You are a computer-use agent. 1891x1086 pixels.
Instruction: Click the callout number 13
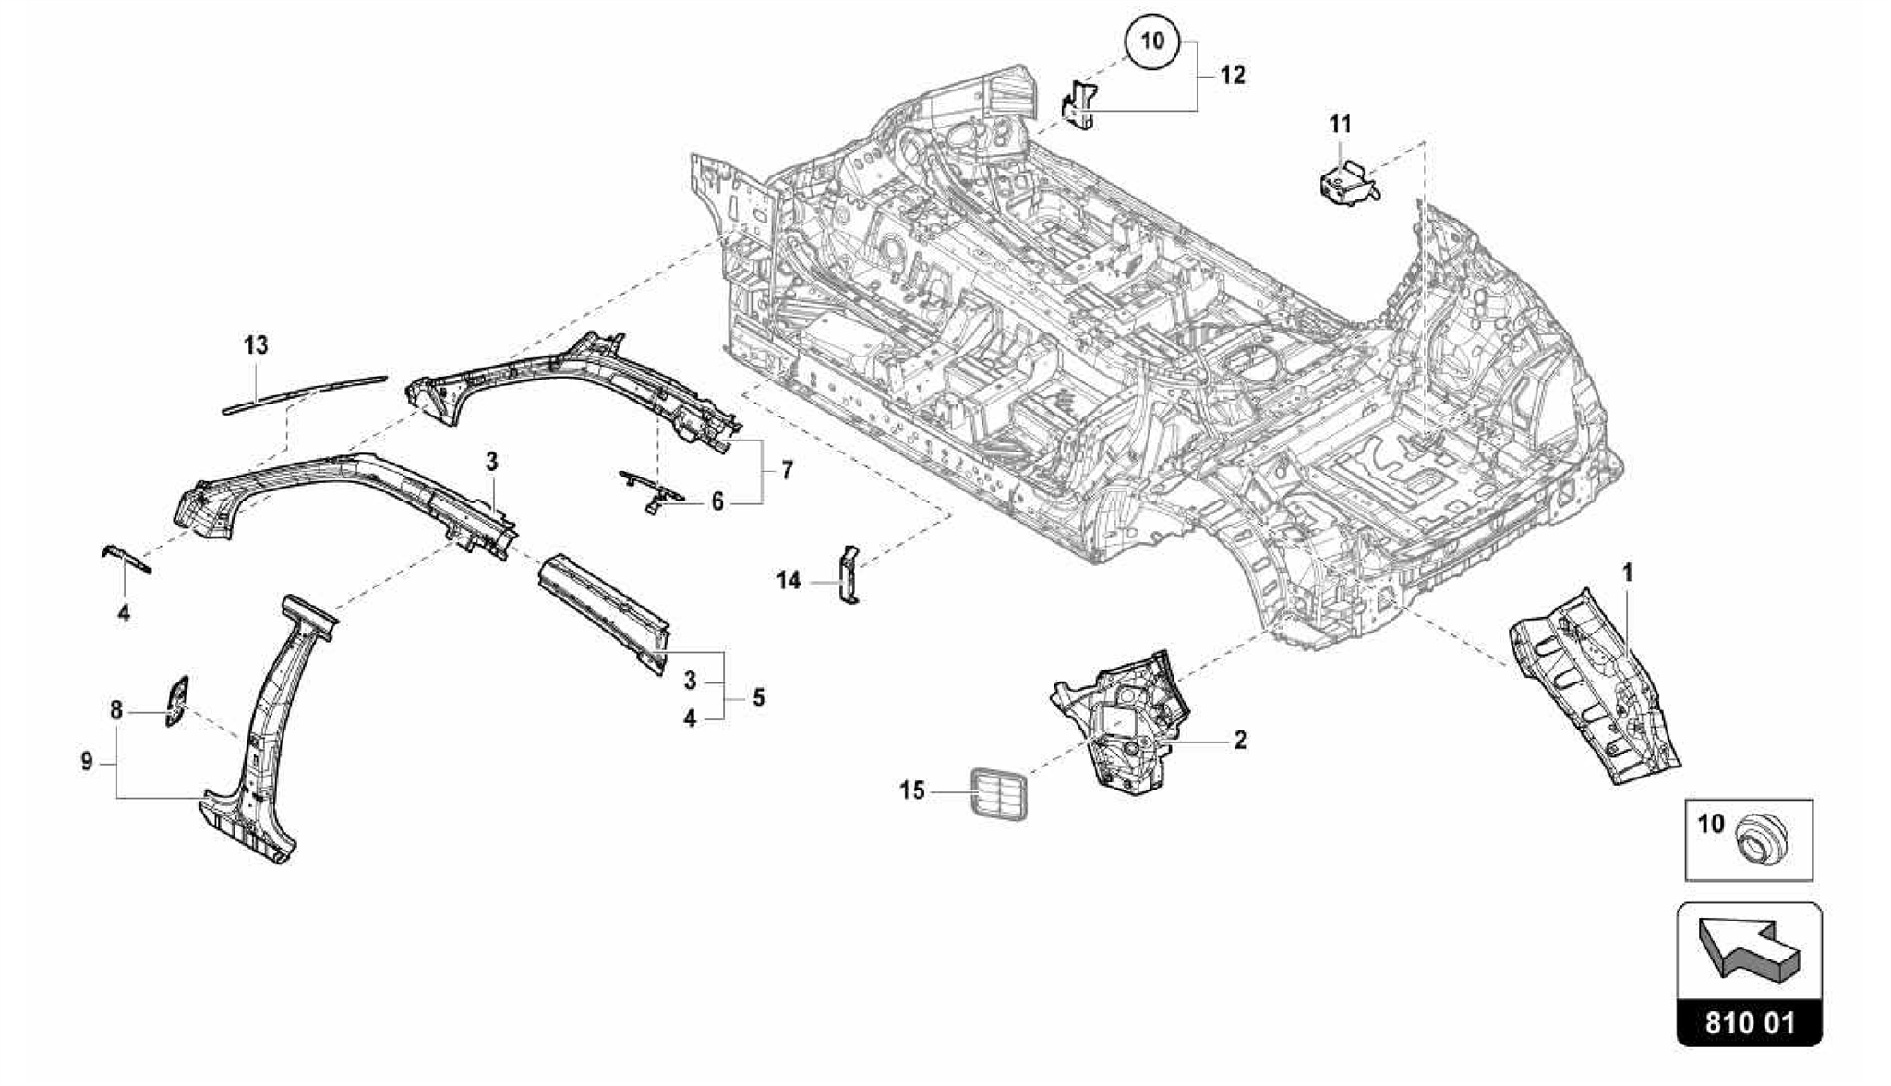[x=256, y=345]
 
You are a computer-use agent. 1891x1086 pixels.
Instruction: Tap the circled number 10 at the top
[x=1152, y=42]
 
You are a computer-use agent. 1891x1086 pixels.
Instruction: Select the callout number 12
[x=1233, y=75]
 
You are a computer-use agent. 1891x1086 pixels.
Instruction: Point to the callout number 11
[x=1340, y=123]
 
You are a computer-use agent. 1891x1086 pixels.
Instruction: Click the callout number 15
[x=912, y=791]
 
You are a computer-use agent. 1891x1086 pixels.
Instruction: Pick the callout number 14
[x=789, y=581]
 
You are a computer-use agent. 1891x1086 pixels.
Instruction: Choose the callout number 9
[x=87, y=762]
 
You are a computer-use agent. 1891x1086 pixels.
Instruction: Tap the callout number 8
[x=115, y=710]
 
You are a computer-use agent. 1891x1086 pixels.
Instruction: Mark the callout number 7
[x=787, y=471]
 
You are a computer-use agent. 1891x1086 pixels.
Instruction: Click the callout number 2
[x=1240, y=739]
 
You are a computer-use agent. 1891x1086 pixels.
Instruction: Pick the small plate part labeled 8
[x=176, y=701]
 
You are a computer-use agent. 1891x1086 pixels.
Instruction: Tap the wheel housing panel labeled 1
[x=1593, y=688]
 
